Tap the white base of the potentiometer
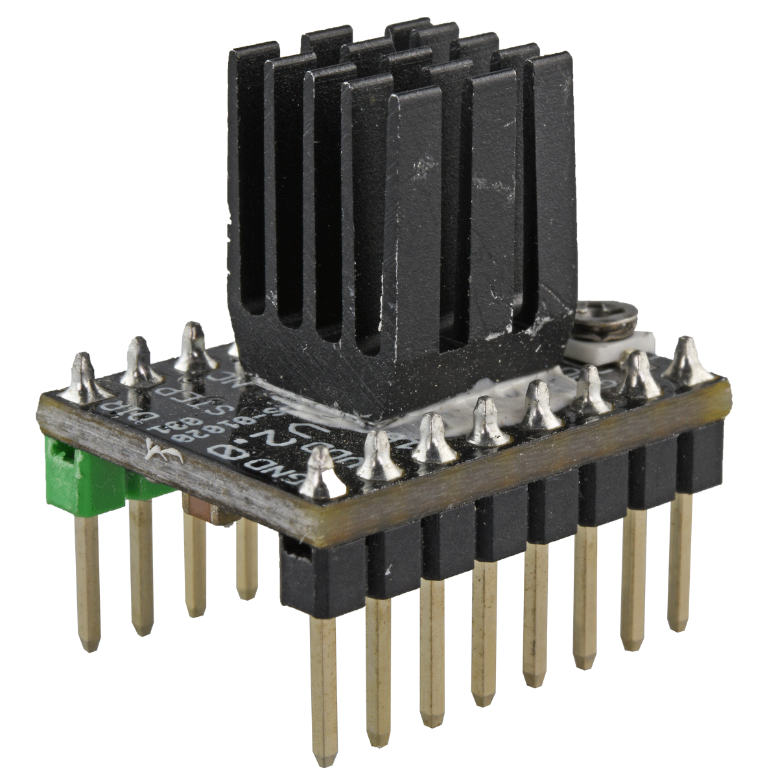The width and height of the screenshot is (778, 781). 616,347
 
